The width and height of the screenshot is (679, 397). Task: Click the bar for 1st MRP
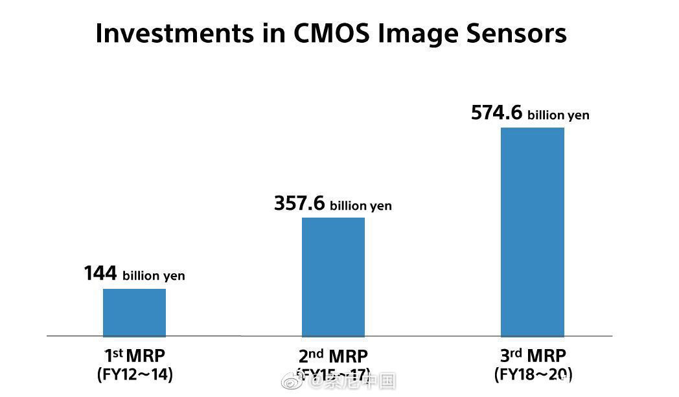[134, 312]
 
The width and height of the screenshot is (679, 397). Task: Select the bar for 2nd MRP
[333, 277]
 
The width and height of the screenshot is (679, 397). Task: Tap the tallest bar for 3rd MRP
[533, 231]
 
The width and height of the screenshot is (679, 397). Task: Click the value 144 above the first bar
[100, 273]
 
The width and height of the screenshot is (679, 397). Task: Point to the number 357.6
[299, 203]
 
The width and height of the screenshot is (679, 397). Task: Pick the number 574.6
[496, 113]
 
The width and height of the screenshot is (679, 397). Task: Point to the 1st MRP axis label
[135, 356]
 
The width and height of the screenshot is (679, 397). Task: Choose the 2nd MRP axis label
[333, 356]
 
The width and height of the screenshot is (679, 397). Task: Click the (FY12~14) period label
[135, 374]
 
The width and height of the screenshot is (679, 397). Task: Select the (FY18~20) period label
[533, 374]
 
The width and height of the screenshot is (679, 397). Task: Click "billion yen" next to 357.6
[361, 206]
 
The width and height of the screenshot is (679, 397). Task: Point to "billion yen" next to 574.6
[558, 115]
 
